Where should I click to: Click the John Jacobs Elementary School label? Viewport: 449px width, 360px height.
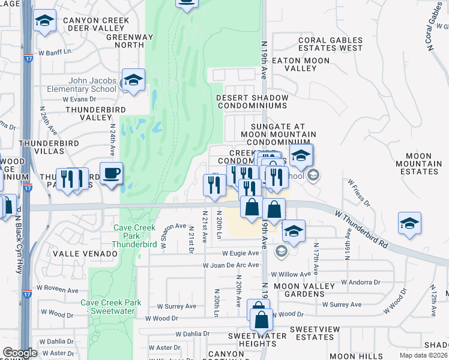pos(83,85)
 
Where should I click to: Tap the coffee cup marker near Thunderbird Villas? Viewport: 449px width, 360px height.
pos(111,175)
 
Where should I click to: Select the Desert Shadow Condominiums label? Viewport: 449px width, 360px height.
pos(252,101)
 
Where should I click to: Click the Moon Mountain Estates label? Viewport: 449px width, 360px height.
pos(418,164)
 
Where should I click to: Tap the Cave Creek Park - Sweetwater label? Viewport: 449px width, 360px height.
pos(112,307)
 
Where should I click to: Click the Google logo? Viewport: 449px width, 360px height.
pos(20,352)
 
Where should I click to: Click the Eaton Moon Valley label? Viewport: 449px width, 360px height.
pos(301,65)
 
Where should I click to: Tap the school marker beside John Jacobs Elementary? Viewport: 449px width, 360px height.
pos(133,80)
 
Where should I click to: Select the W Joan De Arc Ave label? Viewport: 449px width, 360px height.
pos(231,265)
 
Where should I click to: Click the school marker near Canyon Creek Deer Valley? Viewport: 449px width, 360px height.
pos(44,22)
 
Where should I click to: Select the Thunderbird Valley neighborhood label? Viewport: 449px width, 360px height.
pos(97,113)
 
